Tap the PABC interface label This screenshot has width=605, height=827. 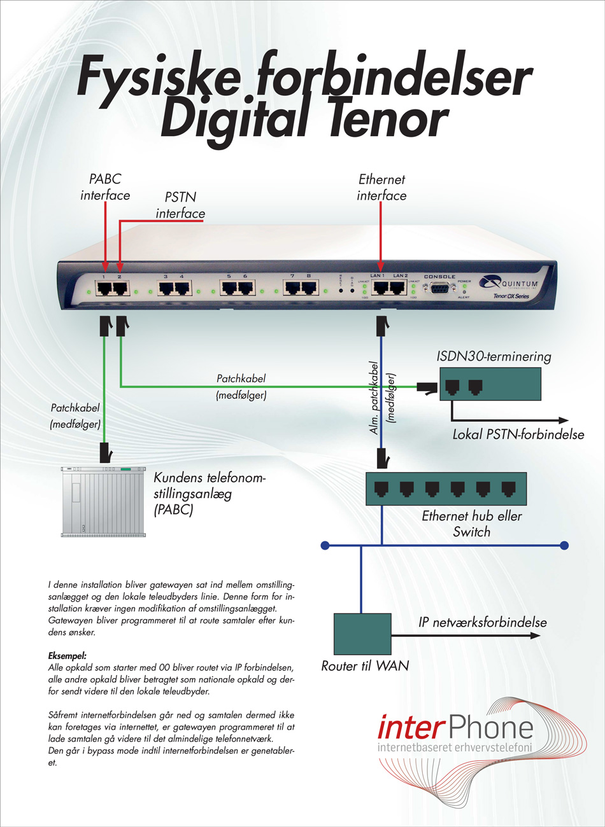105,187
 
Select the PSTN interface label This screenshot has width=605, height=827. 180,205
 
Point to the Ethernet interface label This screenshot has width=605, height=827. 381,188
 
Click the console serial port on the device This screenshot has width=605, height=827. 439,289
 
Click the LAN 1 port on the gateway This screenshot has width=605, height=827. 380,288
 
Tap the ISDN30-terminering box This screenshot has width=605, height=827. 490,385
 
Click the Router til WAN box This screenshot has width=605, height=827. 362,634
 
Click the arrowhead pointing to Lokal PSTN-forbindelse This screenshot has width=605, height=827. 564,420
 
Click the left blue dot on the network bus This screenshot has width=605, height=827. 325,545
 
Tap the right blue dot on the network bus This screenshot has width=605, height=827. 564,545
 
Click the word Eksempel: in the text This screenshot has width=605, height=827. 67,655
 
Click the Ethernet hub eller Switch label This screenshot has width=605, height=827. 471,524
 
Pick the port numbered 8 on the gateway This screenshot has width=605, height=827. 309,288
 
